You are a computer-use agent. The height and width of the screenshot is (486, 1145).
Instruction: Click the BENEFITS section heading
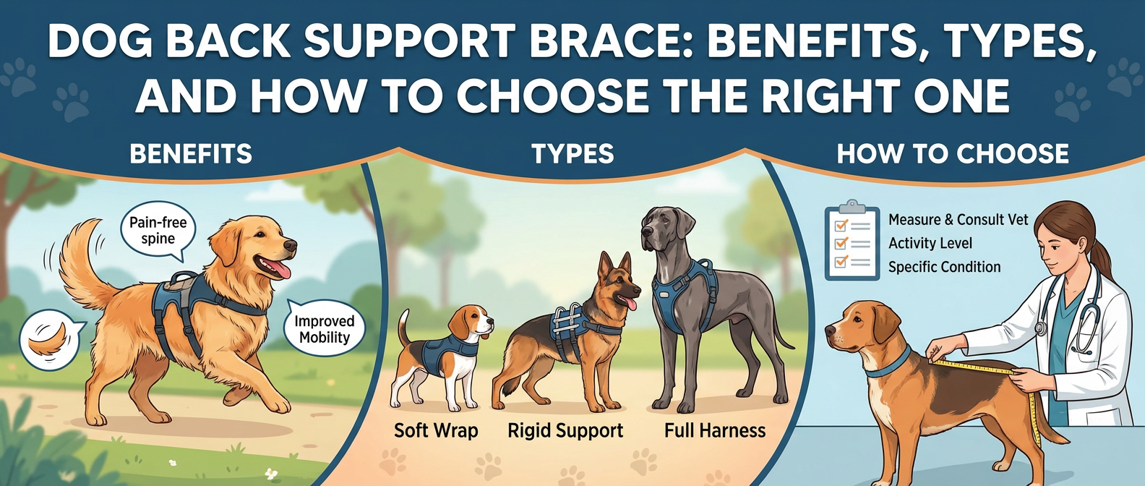pyautogui.click(x=191, y=153)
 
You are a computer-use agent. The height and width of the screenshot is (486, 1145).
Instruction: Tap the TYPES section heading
pyautogui.click(x=572, y=153)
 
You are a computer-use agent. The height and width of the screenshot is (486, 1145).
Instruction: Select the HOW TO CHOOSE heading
pyautogui.click(x=953, y=153)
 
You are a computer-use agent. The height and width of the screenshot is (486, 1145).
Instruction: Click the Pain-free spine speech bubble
pyautogui.click(x=158, y=231)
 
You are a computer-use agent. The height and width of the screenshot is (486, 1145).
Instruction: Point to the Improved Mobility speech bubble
pyautogui.click(x=325, y=329)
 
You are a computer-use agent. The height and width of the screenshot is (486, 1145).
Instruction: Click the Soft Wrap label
pyautogui.click(x=436, y=431)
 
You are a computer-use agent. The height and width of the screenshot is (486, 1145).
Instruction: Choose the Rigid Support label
pyautogui.click(x=565, y=431)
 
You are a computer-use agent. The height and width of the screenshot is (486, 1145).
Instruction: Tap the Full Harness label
pyautogui.click(x=715, y=431)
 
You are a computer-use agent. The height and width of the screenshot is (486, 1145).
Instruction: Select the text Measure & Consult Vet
pyautogui.click(x=958, y=220)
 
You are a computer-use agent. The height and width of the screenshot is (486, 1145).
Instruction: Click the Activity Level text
pyautogui.click(x=930, y=243)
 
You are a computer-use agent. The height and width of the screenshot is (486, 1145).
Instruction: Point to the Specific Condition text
pyautogui.click(x=944, y=267)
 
